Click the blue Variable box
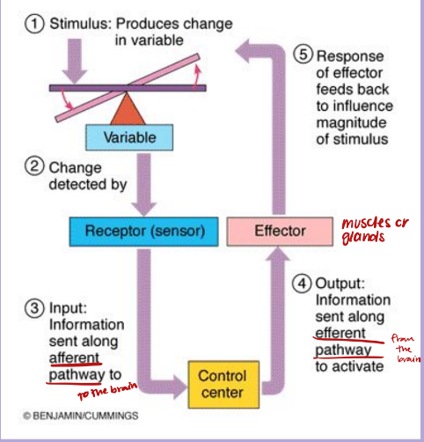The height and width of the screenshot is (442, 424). [x=129, y=138]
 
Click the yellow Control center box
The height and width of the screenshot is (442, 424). [x=222, y=385]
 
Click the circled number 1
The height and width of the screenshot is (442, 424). [x=33, y=25]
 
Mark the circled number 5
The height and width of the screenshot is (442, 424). [x=303, y=55]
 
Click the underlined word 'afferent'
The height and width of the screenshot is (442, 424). [x=75, y=357]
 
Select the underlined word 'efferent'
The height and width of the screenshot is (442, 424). [x=340, y=333]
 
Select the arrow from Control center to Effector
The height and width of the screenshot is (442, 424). [x=281, y=326]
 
